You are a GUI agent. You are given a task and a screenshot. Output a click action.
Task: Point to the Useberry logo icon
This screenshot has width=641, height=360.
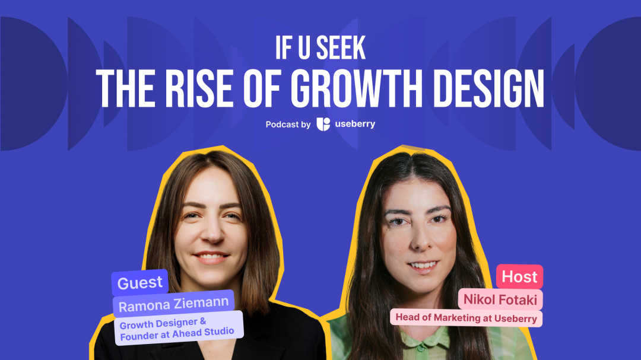[323, 124]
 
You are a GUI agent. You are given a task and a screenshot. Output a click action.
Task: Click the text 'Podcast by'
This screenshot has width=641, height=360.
[288, 125]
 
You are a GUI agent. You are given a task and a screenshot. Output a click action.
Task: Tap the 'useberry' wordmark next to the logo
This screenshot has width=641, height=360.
[354, 124]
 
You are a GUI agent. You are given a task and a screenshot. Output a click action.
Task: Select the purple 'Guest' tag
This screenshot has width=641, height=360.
[140, 283]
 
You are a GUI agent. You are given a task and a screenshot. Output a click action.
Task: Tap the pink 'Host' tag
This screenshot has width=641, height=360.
[519, 276]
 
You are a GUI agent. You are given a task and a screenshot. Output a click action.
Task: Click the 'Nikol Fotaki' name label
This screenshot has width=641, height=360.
[500, 300]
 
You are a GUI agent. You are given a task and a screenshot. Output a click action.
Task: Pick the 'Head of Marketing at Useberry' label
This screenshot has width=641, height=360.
[466, 318]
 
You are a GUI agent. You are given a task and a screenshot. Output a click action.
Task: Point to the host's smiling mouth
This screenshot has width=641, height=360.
[422, 265]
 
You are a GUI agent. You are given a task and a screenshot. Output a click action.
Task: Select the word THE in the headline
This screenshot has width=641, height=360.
[123, 89]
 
